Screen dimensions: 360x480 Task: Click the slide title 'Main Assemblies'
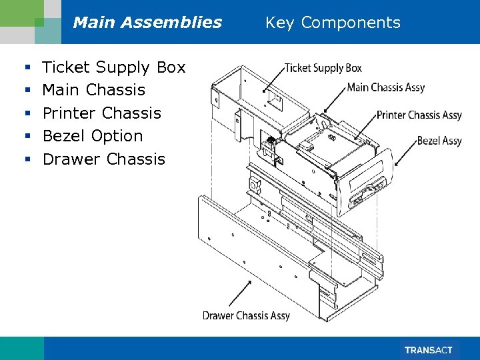click(x=147, y=23)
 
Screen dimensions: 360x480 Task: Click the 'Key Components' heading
click(x=333, y=23)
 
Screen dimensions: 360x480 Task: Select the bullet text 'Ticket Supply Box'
click(x=114, y=67)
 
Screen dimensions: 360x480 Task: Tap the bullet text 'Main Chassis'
click(x=93, y=90)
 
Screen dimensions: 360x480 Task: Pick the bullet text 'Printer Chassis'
click(x=102, y=113)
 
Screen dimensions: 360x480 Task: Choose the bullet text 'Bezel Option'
click(x=93, y=136)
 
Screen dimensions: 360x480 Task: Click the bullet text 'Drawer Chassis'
click(x=103, y=159)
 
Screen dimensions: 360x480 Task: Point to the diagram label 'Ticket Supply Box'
click(x=323, y=68)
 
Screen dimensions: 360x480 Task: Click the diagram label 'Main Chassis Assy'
click(x=385, y=87)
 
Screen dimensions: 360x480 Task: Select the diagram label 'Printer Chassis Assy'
click(x=419, y=115)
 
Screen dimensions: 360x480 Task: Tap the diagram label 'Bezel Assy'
click(x=439, y=141)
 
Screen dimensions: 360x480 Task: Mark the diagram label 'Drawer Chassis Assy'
click(x=246, y=315)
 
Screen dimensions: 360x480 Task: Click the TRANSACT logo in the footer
click(x=428, y=350)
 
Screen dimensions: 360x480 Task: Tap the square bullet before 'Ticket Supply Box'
click(x=26, y=68)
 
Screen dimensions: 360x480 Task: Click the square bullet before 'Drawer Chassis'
click(x=26, y=160)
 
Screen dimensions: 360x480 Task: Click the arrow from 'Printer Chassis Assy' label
click(x=367, y=127)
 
